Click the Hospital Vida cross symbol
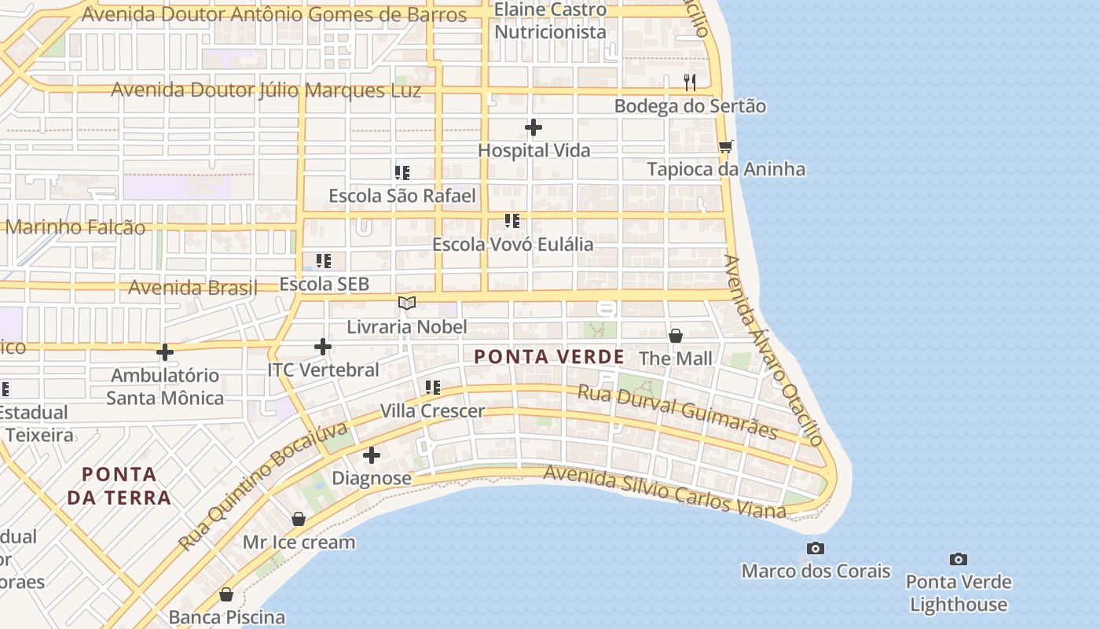pos(533,127)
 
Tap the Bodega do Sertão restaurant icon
pos(690,82)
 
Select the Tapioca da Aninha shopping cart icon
pos(726,146)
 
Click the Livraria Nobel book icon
pos(406,303)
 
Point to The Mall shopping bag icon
pos(675,336)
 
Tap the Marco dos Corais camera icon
pos(816,548)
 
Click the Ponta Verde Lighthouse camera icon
pos(958,559)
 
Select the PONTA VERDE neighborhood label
pos(549,357)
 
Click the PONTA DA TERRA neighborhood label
pos(119,486)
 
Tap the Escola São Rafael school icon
pos(402,172)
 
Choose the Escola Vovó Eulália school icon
pos(512,221)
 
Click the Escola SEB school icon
pos(324,260)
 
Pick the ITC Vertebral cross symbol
pos(323,347)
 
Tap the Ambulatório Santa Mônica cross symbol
pos(165,351)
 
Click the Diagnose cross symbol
pos(372,455)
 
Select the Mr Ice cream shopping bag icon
pos(299,519)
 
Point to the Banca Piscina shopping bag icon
pos(226,594)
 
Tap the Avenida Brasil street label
pos(192,288)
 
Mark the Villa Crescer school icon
pos(432,388)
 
